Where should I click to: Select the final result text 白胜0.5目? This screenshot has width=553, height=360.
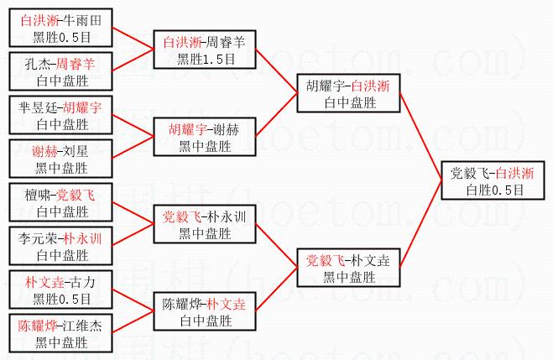[x=495, y=190]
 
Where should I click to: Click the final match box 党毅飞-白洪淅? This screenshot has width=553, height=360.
[x=495, y=182]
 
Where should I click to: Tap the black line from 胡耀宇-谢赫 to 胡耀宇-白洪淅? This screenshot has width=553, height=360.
[x=278, y=117]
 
